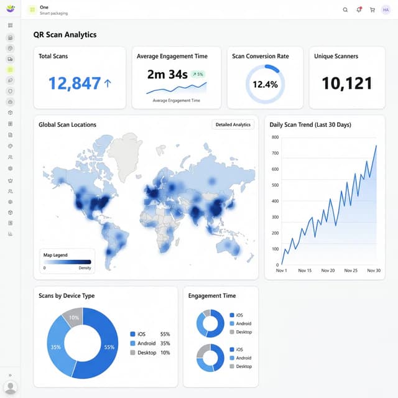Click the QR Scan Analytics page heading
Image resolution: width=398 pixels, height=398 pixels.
[x=65, y=35]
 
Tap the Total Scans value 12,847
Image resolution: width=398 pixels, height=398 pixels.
[x=75, y=83]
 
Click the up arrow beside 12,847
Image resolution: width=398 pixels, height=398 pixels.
[x=108, y=83]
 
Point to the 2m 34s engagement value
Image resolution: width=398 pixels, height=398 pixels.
[x=167, y=75]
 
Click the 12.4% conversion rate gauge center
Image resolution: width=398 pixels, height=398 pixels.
[x=265, y=84]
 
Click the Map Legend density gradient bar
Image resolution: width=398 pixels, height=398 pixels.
[x=67, y=262]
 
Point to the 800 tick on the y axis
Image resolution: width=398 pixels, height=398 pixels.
[x=275, y=137]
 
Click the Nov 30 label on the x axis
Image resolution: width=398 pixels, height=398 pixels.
[x=374, y=271]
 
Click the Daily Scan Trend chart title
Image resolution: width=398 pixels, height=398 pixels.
[x=310, y=125]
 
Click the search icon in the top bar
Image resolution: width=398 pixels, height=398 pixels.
[x=346, y=9]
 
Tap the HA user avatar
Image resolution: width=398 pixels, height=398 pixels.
[x=386, y=9]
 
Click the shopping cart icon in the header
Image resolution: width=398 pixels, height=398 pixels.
[x=373, y=9]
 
